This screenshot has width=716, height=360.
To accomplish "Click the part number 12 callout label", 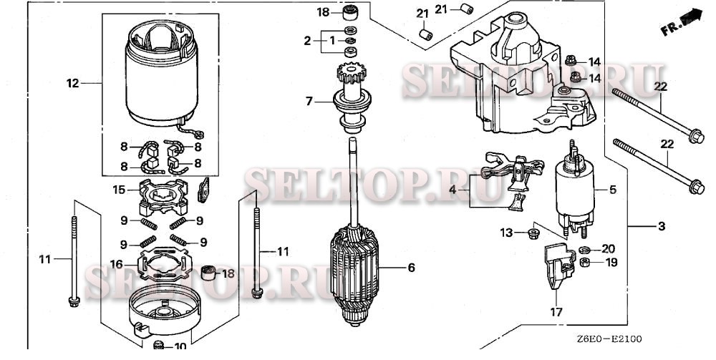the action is (x=72, y=84).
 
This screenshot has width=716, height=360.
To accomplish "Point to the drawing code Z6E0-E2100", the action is (x=609, y=339).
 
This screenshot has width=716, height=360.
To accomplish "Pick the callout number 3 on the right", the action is (x=662, y=226).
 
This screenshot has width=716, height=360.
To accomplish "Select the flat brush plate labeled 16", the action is (x=165, y=264).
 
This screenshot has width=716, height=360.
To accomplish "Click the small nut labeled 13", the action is (x=532, y=234).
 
